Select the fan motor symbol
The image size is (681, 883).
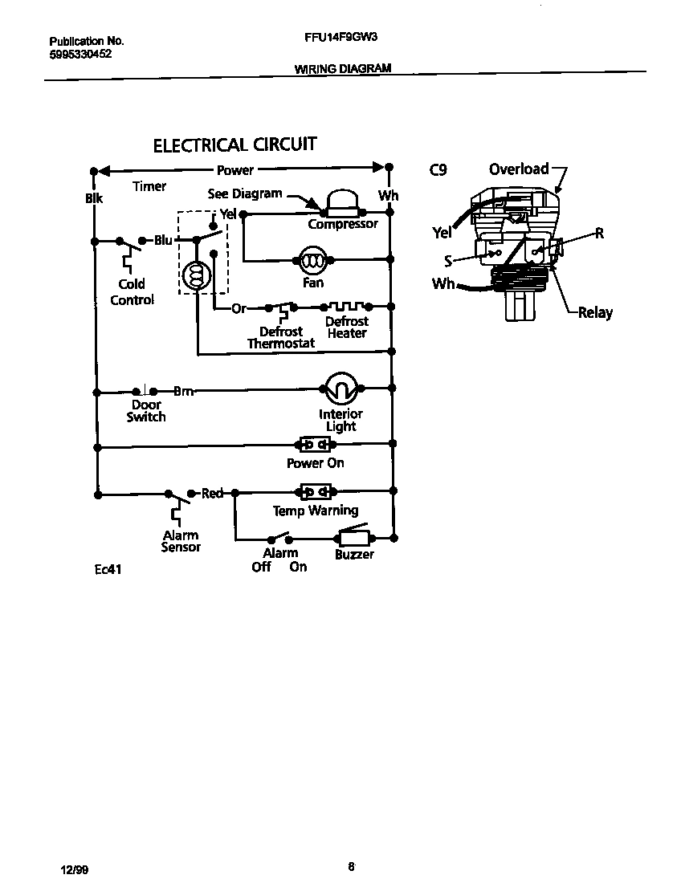312,259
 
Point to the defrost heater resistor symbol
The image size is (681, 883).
346,307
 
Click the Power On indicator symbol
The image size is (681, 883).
315,444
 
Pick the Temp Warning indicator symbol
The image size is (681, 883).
315,490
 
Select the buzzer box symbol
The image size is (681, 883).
353,537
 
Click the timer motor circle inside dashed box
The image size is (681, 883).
194,275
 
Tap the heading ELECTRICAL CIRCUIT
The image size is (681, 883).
234,145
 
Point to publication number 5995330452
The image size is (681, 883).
80,54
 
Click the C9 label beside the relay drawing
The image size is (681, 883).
438,169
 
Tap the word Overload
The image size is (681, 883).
519,169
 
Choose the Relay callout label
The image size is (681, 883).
595,312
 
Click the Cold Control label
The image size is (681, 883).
132,292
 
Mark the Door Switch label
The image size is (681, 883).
146,411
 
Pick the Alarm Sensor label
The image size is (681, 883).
181,541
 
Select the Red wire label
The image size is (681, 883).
212,493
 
